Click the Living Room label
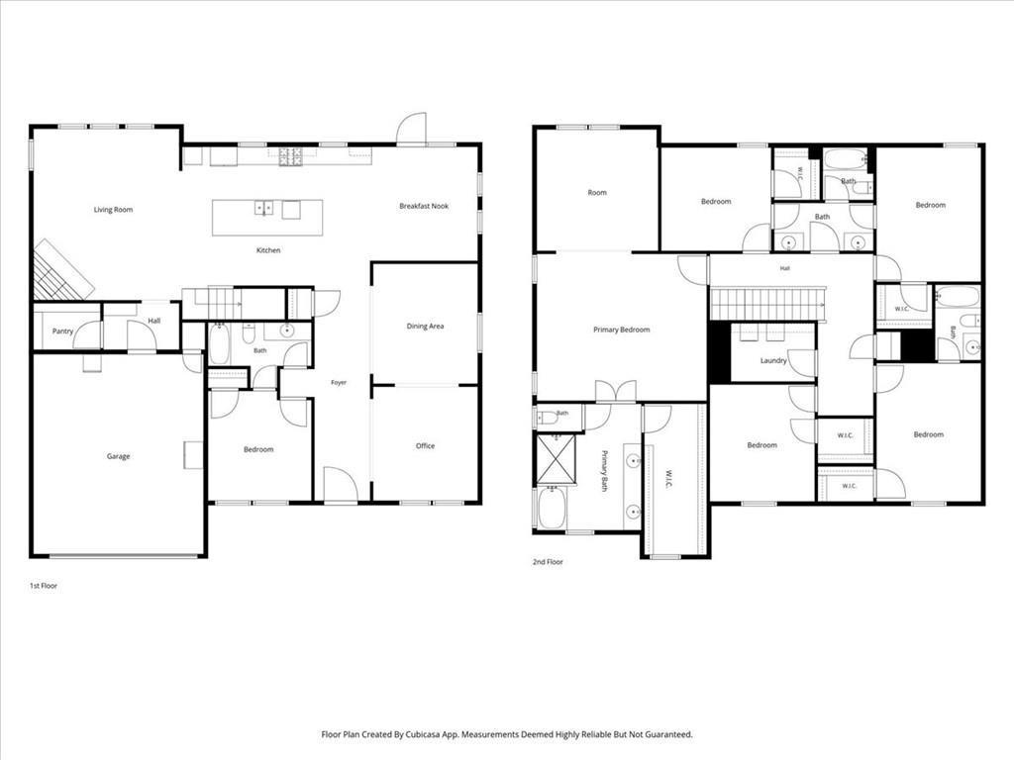113,210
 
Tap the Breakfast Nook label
424,206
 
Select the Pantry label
62,332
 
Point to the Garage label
119,456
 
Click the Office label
425,446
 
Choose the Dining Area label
425,327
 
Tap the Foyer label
339,383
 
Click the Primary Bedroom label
622,330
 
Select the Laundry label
773,360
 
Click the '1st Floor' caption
44,586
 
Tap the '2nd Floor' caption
548,562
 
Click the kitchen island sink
263,208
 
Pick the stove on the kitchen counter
290,156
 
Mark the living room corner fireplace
62,271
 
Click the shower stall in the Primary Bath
556,459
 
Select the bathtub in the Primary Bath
552,508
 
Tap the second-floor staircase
768,303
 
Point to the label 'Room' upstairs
597,193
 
